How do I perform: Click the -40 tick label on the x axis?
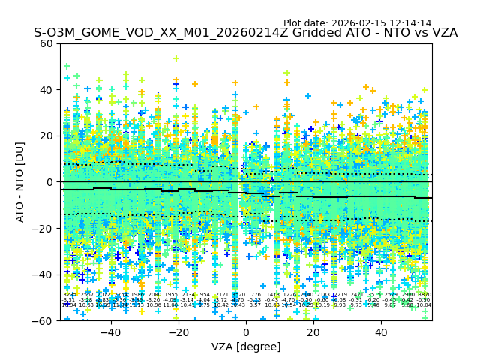tap(110, 332)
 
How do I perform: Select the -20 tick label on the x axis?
tap(178, 332)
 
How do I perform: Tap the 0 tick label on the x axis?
tap(246, 332)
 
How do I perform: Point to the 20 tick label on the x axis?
tap(313, 332)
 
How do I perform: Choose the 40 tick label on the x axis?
tap(381, 332)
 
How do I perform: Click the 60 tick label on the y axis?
tap(47, 43)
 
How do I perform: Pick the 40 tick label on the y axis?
tap(47, 90)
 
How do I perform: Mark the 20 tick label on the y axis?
tap(47, 136)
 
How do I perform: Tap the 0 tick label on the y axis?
tap(50, 182)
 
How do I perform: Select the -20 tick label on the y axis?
tap(44, 228)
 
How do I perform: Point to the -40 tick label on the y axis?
tap(44, 274)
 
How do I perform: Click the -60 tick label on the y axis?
tap(44, 320)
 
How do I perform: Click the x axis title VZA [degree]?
tap(246, 346)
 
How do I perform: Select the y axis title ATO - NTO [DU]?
tap(21, 182)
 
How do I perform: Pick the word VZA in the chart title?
tap(442, 34)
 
